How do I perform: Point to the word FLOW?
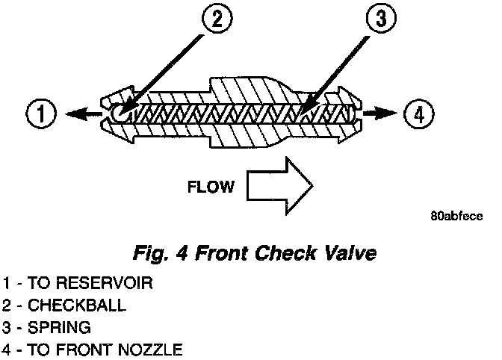click(x=209, y=185)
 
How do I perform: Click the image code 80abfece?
click(x=457, y=217)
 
